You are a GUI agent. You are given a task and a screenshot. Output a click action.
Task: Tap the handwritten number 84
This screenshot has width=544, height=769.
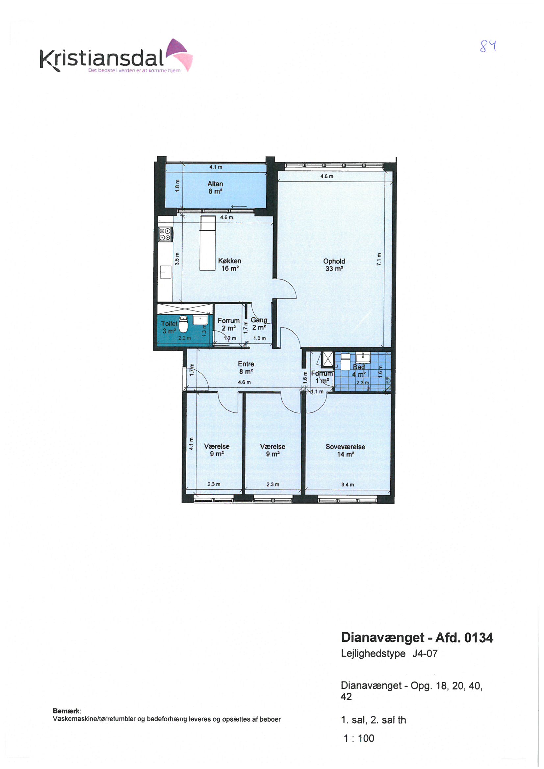pos(488,46)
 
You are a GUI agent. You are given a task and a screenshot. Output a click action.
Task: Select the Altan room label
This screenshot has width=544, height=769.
pos(215,187)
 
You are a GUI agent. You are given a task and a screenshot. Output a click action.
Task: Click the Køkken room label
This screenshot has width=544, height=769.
pos(230,264)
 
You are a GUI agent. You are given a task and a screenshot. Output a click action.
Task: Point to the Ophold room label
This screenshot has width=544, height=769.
pos(334,265)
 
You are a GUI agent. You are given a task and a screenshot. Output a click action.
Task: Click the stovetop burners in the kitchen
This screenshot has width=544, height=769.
pos(165,234)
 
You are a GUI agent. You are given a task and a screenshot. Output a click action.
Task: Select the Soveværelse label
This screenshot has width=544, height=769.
pos(345,451)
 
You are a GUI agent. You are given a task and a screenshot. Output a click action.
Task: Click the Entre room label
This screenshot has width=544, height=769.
pos(246,368)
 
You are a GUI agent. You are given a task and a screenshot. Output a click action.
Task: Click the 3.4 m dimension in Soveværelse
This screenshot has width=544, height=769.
pos(348,484)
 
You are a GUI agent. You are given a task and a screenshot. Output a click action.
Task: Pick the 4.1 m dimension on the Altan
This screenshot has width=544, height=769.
pos(216,167)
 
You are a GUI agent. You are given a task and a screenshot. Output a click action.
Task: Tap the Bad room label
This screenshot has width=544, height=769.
pos(359,370)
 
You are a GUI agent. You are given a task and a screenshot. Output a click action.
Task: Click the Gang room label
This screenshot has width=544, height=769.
pos(259,324)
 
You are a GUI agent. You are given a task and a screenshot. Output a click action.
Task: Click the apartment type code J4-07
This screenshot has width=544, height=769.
pos(425,654)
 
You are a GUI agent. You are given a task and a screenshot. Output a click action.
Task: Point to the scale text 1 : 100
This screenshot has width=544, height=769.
pos(359,738)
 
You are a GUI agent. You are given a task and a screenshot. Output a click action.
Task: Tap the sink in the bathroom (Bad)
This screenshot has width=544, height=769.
pos(363,358)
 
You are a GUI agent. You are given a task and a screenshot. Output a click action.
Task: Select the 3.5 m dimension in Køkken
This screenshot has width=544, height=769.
pos(177,259)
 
